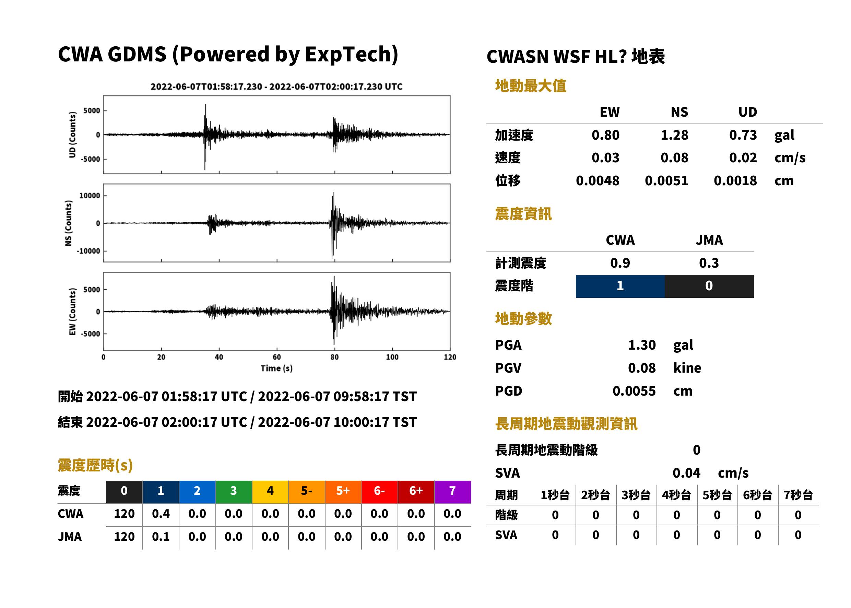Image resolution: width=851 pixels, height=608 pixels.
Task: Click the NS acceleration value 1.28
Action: click(x=674, y=135)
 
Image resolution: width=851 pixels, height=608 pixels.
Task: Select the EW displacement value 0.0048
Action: click(x=597, y=181)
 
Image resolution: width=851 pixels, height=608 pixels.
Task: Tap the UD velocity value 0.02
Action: click(x=743, y=158)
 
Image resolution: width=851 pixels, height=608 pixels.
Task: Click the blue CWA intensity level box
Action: click(x=620, y=286)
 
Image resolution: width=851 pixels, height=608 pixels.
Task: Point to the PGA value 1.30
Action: click(x=642, y=345)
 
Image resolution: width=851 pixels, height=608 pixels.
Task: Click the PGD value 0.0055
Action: click(x=634, y=391)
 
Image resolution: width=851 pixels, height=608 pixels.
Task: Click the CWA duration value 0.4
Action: click(x=161, y=514)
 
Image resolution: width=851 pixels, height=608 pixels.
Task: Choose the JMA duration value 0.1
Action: click(x=161, y=537)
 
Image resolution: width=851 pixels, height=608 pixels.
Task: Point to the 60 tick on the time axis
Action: click(x=276, y=357)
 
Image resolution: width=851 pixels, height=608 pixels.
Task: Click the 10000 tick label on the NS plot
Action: click(x=90, y=196)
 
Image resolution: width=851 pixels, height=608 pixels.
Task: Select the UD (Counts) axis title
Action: click(x=72, y=135)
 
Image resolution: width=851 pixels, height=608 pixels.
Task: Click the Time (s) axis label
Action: click(x=276, y=368)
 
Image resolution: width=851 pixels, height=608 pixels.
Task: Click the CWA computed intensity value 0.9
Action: click(x=620, y=263)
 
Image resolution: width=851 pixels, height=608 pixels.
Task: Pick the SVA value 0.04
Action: click(x=686, y=473)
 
